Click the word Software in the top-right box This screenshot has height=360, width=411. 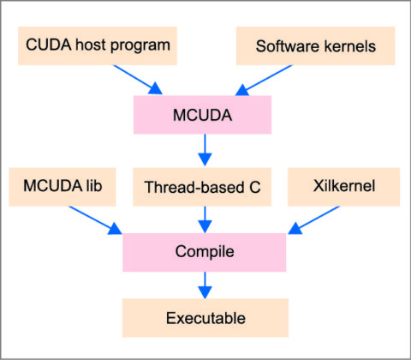coord(285,45)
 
